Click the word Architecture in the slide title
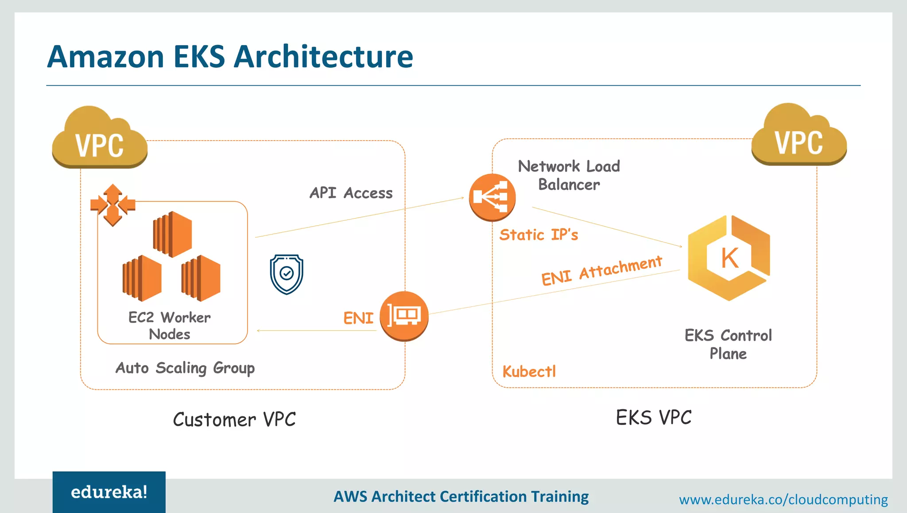(x=323, y=57)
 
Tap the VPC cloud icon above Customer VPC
(x=100, y=140)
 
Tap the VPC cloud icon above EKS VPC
(x=799, y=137)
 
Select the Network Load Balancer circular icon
(x=492, y=197)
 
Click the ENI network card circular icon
(x=404, y=316)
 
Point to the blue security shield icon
(x=287, y=274)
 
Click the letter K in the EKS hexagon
(x=729, y=258)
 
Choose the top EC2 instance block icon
(x=173, y=234)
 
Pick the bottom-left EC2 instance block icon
(x=142, y=278)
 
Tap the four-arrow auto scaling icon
(x=112, y=205)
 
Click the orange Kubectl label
(x=529, y=372)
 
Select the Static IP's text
(x=539, y=235)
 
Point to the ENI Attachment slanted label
(x=601, y=270)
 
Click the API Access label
(x=351, y=193)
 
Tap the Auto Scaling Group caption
(x=185, y=368)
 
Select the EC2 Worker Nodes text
(x=170, y=325)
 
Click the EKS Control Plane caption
(x=728, y=344)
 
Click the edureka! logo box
(x=109, y=492)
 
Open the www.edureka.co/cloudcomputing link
(x=783, y=500)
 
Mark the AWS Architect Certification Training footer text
(x=461, y=497)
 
